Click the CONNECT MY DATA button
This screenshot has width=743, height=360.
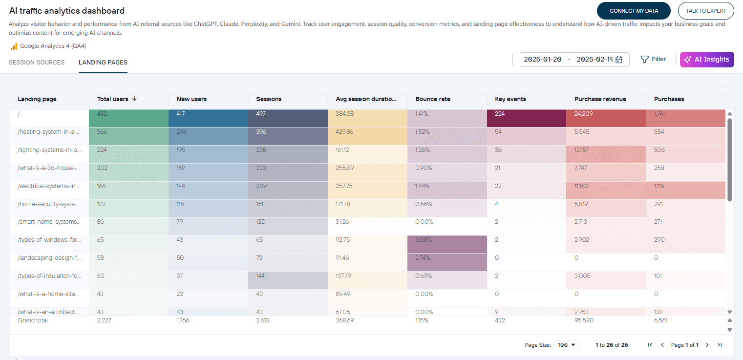click(x=634, y=11)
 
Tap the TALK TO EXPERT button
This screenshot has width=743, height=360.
click(x=705, y=11)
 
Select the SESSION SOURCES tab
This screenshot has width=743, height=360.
click(x=37, y=63)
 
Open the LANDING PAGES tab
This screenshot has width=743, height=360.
click(x=103, y=63)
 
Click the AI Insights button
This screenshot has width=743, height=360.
click(x=707, y=59)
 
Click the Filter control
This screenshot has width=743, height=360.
click(x=653, y=59)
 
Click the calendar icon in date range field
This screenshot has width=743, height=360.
click(x=619, y=60)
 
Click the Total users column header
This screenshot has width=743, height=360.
click(x=113, y=99)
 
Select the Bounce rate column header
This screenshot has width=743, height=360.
click(x=433, y=99)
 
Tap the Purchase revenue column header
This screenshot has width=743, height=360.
click(x=600, y=99)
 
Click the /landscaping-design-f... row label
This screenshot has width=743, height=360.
click(x=49, y=257)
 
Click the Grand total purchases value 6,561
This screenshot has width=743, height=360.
click(x=661, y=320)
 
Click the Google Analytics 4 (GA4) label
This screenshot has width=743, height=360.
click(x=53, y=46)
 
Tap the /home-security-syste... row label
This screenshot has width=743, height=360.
click(x=49, y=204)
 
